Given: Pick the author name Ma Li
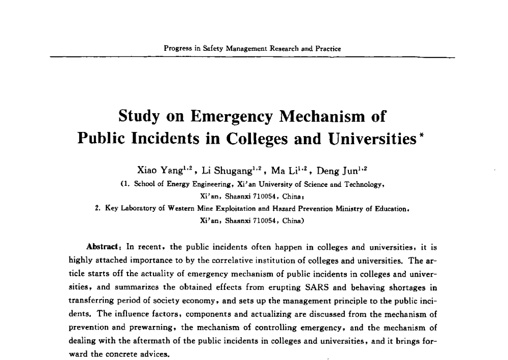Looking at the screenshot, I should (x=284, y=171).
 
